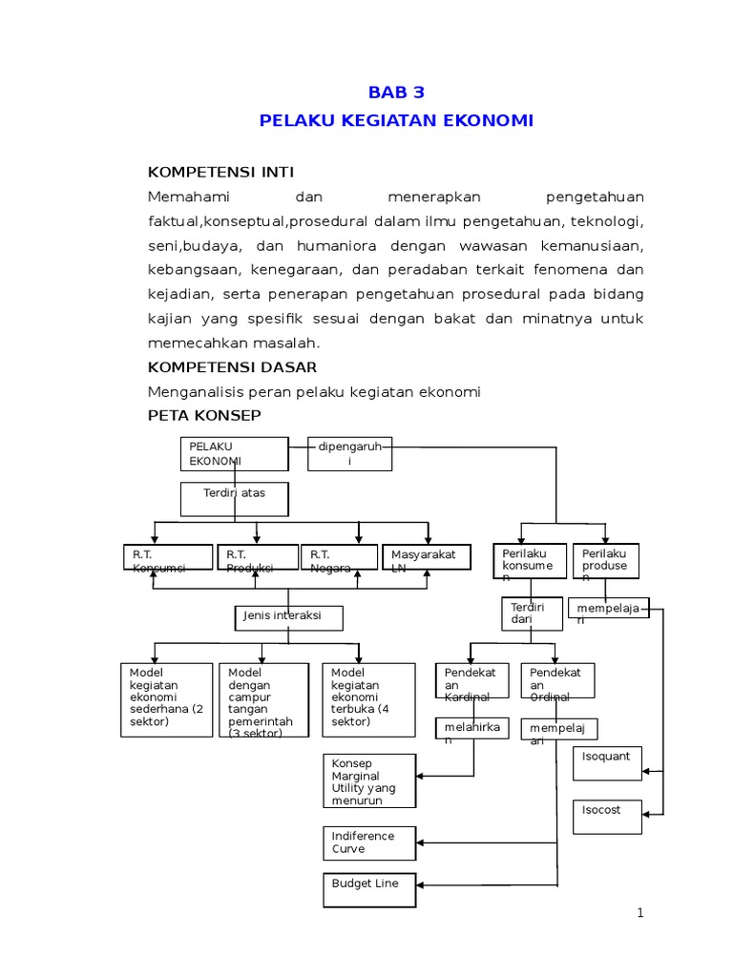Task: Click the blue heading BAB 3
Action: pyautogui.click(x=396, y=93)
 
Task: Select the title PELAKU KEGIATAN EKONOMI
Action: pyautogui.click(x=396, y=121)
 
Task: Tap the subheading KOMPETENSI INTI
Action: pyautogui.click(x=220, y=172)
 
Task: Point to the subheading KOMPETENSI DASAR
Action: pyautogui.click(x=232, y=367)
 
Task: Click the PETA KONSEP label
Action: pyautogui.click(x=204, y=416)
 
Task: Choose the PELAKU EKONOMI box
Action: pyautogui.click(x=234, y=454)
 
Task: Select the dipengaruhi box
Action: pyautogui.click(x=349, y=454)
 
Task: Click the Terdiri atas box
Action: pyautogui.click(x=234, y=498)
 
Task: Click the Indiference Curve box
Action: pyautogui.click(x=368, y=842)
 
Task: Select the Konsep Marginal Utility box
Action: pyautogui.click(x=368, y=781)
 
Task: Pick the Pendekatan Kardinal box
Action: pyautogui.click(x=473, y=684)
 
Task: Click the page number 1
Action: pyautogui.click(x=641, y=913)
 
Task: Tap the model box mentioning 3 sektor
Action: pyautogui.click(x=262, y=700)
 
